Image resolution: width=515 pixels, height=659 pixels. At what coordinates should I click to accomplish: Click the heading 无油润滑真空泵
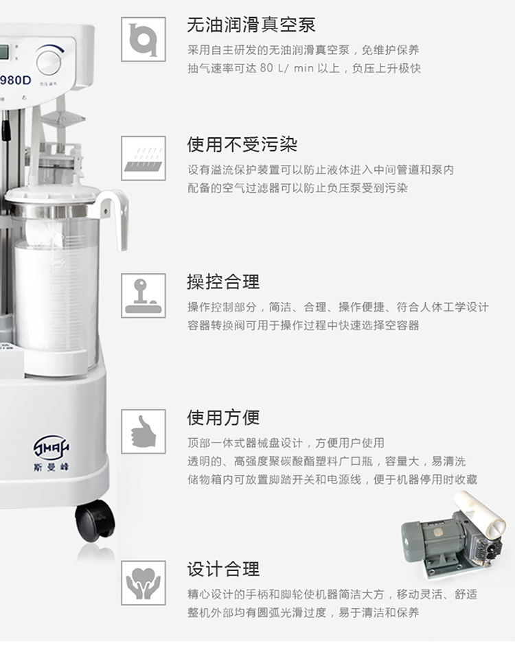(251, 25)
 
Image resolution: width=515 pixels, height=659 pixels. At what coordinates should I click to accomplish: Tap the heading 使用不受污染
(242, 145)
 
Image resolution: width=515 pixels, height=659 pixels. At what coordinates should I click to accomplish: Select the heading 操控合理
(223, 281)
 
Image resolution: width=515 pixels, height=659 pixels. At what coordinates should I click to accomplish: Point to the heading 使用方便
(223, 417)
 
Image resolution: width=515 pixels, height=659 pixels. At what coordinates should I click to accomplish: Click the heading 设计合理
(223, 568)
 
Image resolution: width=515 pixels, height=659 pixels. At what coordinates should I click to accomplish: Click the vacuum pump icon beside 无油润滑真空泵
(144, 39)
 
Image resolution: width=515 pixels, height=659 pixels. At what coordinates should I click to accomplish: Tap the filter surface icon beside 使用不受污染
(144, 158)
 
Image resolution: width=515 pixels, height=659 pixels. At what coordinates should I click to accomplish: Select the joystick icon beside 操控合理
(144, 295)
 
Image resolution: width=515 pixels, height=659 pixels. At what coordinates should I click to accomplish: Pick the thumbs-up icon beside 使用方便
(144, 431)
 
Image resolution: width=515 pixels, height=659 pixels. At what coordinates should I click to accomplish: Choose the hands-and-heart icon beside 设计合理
(144, 583)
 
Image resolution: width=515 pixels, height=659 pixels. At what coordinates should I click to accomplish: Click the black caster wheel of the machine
(95, 520)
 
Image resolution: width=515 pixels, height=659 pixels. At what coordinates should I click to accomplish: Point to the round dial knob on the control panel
(49, 60)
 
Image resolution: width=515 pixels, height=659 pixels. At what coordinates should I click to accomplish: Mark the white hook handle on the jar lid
(116, 213)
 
